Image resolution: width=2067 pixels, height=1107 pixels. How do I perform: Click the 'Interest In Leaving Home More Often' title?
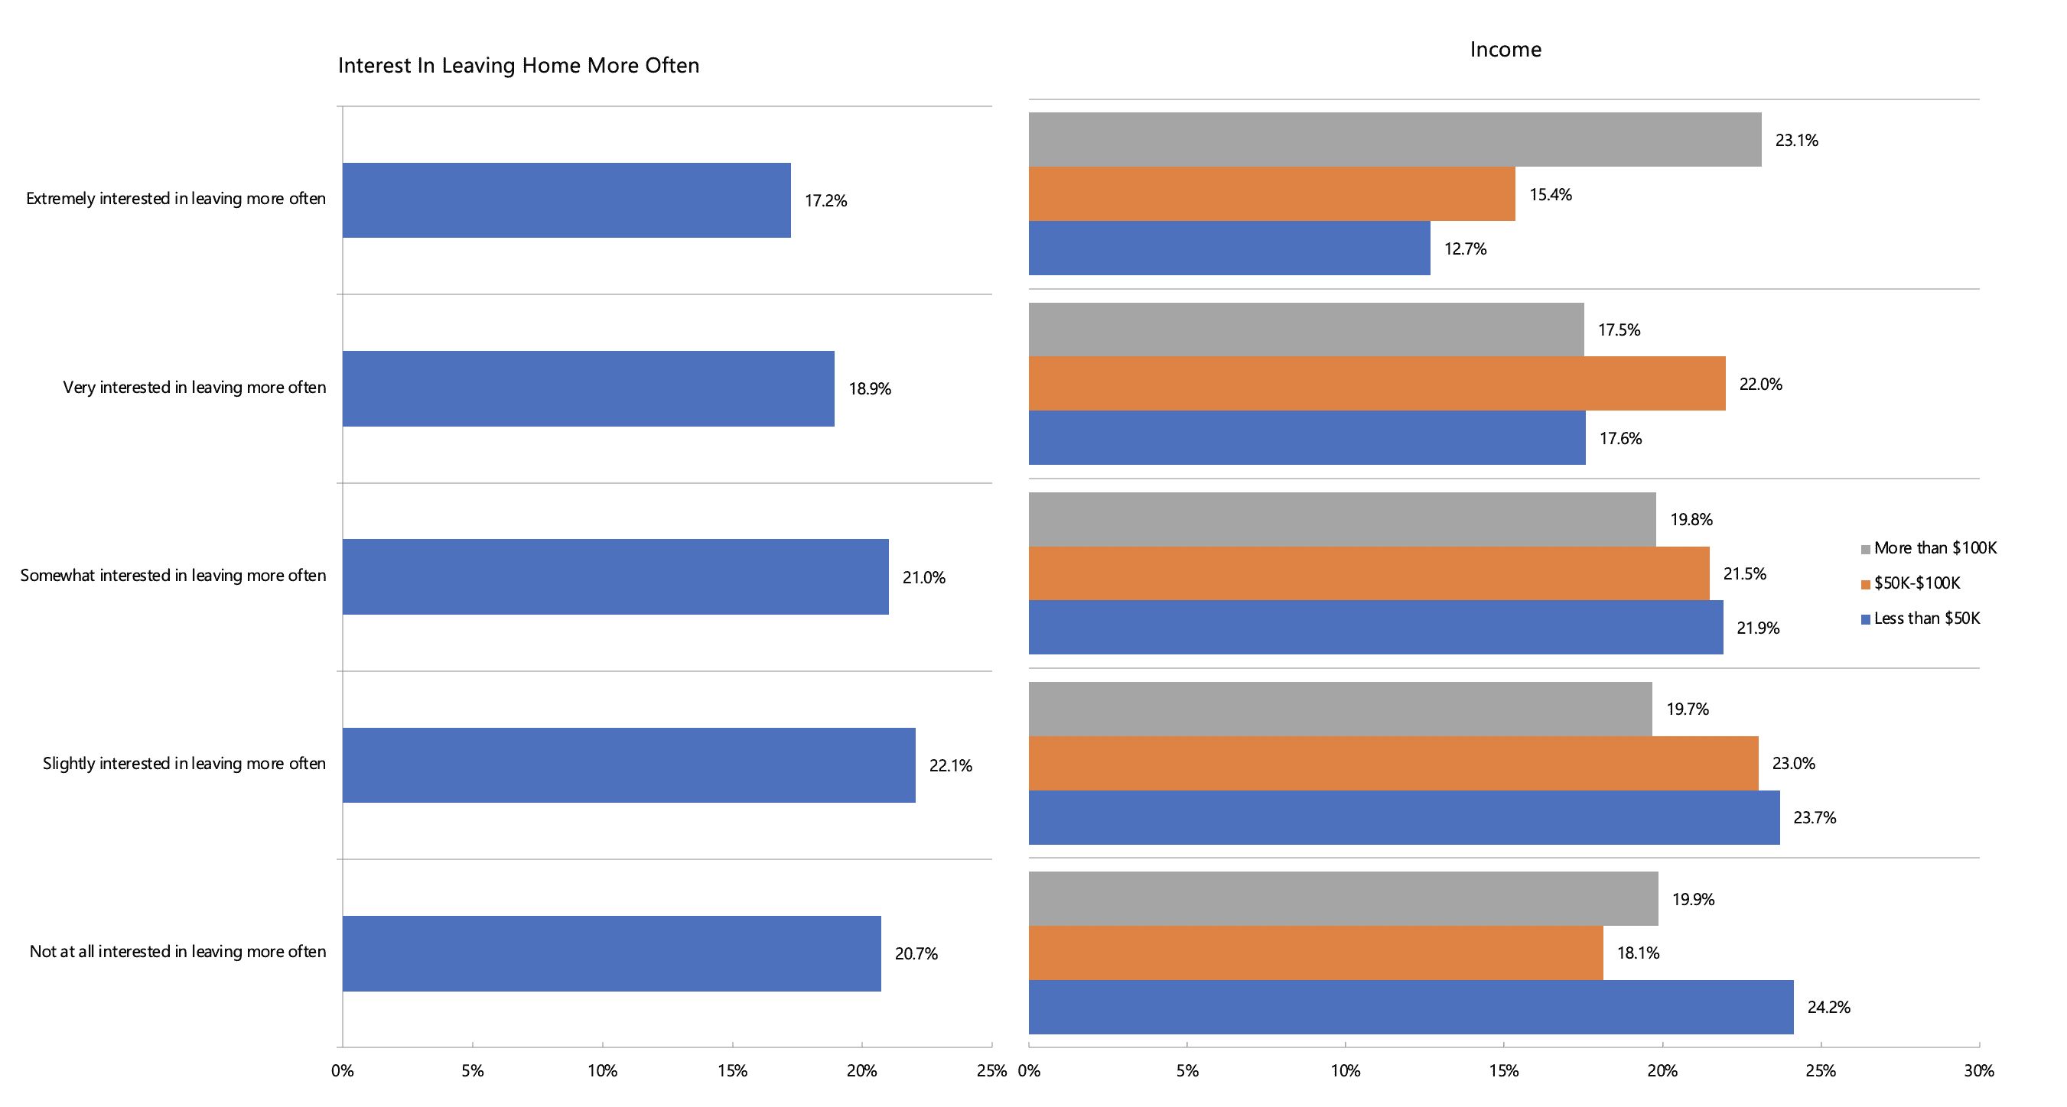(519, 66)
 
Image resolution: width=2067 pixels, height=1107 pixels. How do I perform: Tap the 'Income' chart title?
(1505, 50)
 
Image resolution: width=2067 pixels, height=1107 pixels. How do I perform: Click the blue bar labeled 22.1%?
(628, 765)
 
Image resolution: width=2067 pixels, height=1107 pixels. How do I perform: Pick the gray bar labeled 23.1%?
(1395, 140)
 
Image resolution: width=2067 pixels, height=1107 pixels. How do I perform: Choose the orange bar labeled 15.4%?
(1272, 194)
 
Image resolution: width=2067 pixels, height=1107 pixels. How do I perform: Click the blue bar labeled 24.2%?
(1411, 1007)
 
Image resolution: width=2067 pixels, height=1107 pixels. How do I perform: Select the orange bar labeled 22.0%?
(1376, 384)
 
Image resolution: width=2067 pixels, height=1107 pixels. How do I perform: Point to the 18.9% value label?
(870, 389)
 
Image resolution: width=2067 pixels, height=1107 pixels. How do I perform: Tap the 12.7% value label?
(1465, 249)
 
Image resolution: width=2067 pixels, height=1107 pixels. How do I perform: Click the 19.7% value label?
(1687, 709)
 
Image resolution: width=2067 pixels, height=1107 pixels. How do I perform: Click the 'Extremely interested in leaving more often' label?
(176, 199)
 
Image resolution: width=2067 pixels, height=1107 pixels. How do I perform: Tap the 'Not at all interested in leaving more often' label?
(177, 951)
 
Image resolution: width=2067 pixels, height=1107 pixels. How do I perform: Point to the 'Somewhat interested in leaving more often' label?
(173, 576)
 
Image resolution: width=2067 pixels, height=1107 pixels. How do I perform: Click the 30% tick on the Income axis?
(1978, 1071)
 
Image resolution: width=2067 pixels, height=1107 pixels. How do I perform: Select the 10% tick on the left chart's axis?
(602, 1071)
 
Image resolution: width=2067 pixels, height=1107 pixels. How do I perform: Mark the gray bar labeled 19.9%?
(1343, 898)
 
